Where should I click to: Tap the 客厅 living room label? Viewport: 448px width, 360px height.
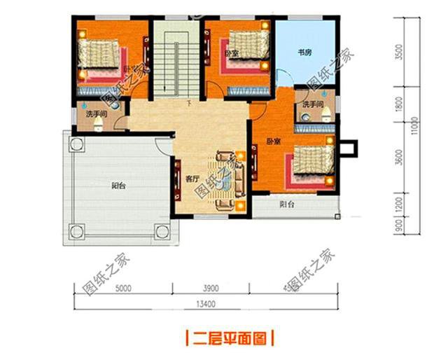(x=193, y=178)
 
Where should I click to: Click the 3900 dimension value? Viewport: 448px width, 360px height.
(x=212, y=286)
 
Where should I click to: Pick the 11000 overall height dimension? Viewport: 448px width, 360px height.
(x=415, y=127)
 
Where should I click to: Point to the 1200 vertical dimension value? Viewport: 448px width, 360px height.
(x=398, y=204)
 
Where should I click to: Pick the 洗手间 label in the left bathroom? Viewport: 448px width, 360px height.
(x=97, y=113)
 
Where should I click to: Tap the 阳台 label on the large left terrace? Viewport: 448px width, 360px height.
(x=119, y=186)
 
